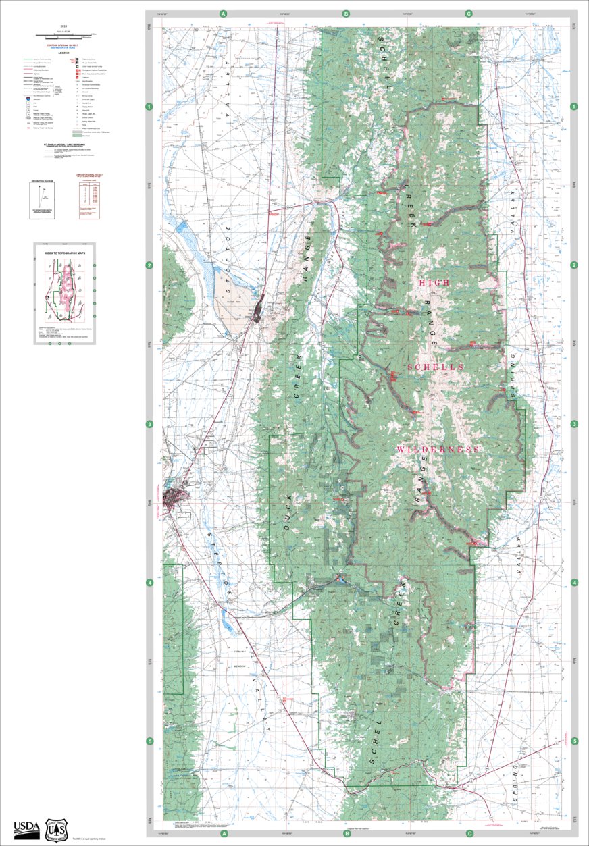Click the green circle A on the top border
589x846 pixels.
coord(224,14)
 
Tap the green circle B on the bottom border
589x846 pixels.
coord(347,833)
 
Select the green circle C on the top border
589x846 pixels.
coord(469,14)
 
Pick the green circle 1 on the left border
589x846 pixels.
coord(150,107)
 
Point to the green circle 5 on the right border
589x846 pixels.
coord(574,741)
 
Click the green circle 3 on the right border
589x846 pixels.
coord(574,424)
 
